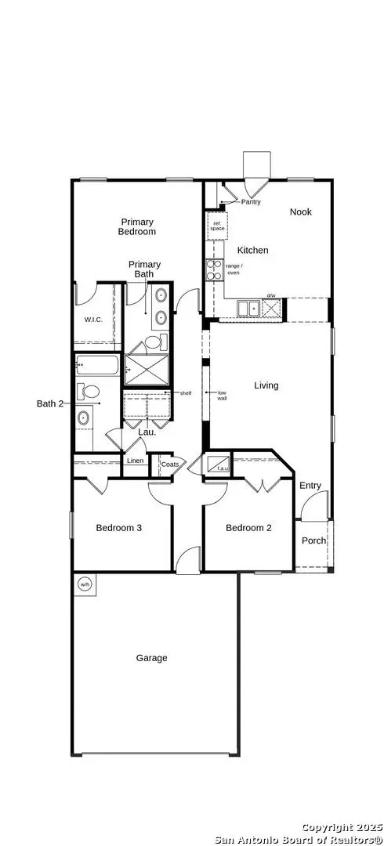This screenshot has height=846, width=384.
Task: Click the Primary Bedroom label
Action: point(137,226)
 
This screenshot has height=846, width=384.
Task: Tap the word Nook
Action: point(301,211)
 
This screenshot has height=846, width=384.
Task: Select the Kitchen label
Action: point(252,250)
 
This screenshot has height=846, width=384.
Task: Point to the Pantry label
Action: point(251,201)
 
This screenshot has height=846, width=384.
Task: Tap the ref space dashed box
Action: point(216,226)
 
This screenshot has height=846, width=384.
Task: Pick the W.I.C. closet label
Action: point(94,320)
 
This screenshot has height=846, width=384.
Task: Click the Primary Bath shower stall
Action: point(147,371)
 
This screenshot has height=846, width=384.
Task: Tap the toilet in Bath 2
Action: point(90,391)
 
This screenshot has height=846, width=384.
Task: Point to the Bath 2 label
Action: point(49,403)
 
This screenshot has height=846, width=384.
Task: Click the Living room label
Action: point(266,385)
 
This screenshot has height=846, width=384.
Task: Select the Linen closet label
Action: point(135,461)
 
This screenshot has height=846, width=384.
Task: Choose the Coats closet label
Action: point(169,464)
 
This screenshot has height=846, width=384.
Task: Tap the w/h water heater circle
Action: point(83,584)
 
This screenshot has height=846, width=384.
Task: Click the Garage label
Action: point(151,658)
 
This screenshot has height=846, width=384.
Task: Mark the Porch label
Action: point(313,540)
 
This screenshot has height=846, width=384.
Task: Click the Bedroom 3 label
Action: point(118,527)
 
